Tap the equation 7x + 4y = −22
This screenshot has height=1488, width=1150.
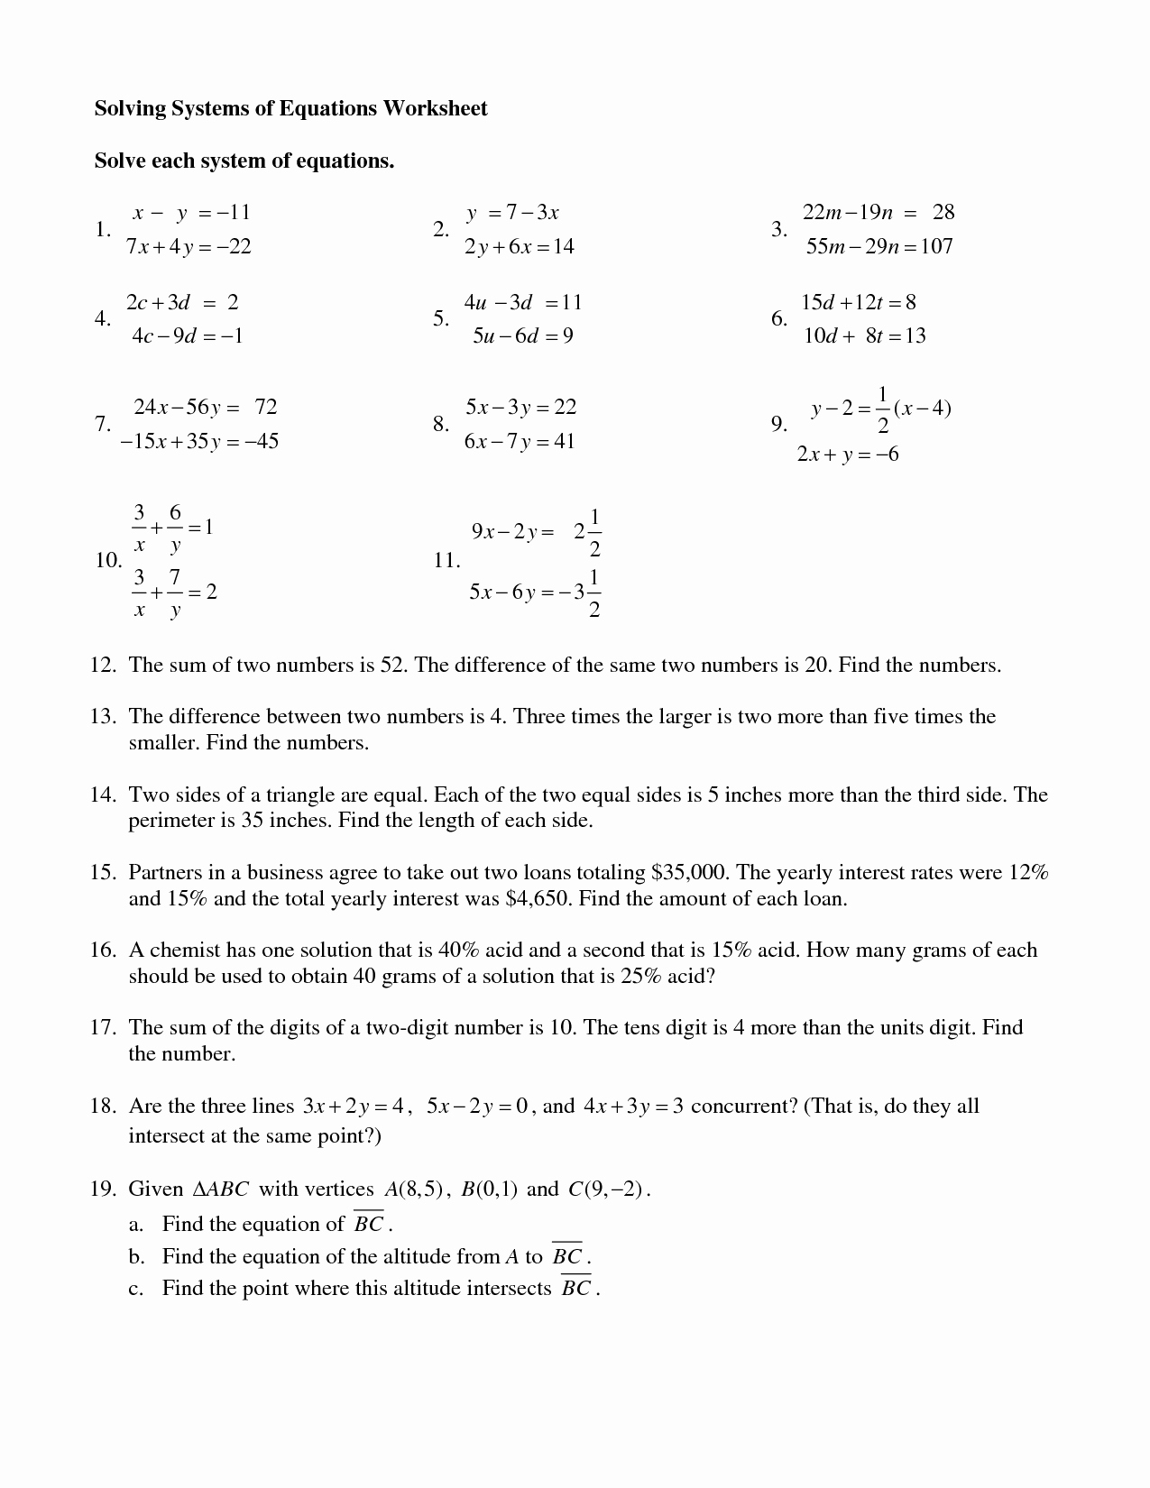pyautogui.click(x=189, y=246)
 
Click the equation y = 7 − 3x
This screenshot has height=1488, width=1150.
pyautogui.click(x=512, y=213)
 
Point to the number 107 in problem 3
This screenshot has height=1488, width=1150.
pyautogui.click(x=936, y=246)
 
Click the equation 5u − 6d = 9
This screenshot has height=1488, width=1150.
pyautogui.click(x=522, y=336)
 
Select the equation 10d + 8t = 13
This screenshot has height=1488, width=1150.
pyautogui.click(x=864, y=336)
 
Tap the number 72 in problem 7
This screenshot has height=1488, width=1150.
pyautogui.click(x=266, y=407)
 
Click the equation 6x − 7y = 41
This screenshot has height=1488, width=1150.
pyautogui.click(x=519, y=442)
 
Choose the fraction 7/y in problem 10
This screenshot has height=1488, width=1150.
pyautogui.click(x=175, y=592)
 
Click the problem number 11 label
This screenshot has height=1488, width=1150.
pyautogui.click(x=446, y=561)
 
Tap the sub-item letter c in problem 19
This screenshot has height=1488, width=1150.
pyautogui.click(x=135, y=1289)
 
